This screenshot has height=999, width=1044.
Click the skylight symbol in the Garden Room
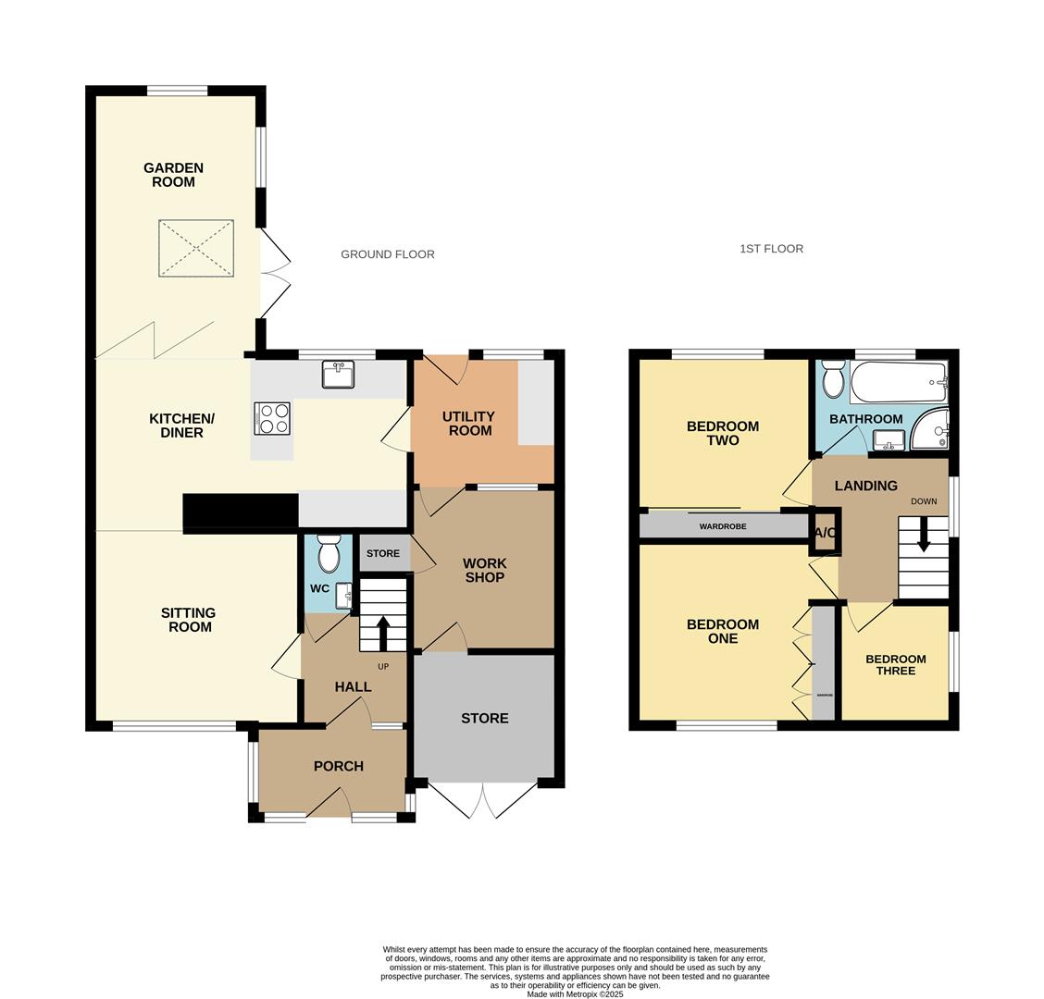[196, 248]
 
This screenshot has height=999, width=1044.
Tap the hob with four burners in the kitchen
[272, 418]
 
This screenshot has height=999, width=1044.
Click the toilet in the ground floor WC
[329, 556]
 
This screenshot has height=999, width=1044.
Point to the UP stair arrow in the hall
[383, 633]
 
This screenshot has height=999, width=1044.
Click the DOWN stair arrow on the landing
[923, 536]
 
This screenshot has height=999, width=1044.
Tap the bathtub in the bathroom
[899, 381]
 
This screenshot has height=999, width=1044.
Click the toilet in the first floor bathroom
[833, 378]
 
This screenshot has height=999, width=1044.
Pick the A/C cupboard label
[826, 534]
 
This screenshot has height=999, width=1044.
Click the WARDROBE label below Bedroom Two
[723, 526]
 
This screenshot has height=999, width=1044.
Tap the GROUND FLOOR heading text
[388, 254]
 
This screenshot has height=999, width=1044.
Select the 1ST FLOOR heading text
[771, 249]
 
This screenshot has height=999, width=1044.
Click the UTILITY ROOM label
[468, 423]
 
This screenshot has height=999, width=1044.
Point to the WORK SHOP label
[484, 570]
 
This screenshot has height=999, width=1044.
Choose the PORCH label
[338, 766]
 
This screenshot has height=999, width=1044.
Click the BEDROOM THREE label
[895, 665]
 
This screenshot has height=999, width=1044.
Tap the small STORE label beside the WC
[383, 554]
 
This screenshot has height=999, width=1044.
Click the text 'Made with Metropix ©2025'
[576, 994]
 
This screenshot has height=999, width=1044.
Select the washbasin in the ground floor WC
[344, 594]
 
